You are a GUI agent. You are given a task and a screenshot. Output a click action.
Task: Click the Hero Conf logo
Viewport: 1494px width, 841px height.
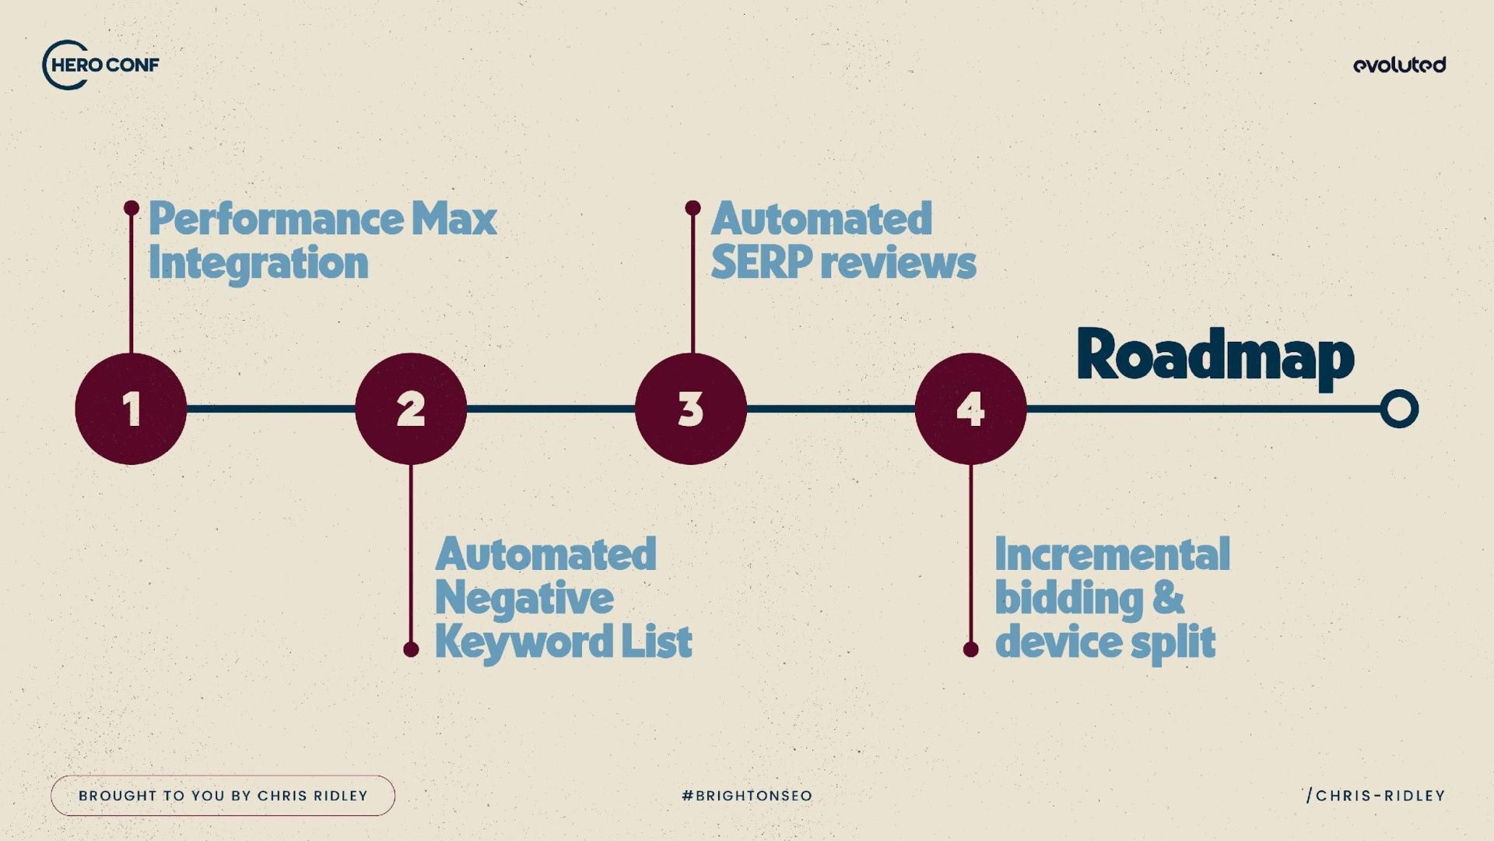(x=101, y=65)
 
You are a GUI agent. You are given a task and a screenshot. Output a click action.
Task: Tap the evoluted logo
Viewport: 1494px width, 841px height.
(x=1399, y=65)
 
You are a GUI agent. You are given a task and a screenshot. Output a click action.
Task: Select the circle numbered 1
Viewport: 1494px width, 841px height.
(x=131, y=409)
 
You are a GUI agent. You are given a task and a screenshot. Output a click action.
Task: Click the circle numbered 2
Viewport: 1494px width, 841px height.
(x=411, y=409)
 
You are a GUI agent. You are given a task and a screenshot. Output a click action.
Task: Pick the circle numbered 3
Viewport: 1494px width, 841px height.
(x=691, y=409)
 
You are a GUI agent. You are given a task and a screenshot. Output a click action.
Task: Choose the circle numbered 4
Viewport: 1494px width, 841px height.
(x=970, y=409)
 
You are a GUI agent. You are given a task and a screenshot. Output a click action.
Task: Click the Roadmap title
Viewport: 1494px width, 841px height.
(x=1215, y=356)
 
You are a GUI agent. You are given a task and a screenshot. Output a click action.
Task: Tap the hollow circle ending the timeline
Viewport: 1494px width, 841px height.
(x=1399, y=409)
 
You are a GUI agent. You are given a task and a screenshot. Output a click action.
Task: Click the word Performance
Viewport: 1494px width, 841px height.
(x=275, y=220)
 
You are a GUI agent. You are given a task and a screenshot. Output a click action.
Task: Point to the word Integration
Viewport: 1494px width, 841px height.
(x=258, y=262)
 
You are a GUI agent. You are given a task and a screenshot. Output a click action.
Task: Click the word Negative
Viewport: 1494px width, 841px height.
(x=524, y=598)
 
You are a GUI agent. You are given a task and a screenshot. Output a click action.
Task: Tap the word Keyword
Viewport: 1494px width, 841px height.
(x=513, y=642)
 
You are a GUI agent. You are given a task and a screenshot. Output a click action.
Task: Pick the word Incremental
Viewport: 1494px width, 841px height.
(x=1112, y=554)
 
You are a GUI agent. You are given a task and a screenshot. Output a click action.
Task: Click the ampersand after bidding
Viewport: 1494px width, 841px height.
(x=1169, y=598)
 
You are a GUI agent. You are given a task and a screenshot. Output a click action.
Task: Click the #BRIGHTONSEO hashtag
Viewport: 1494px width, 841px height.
(x=746, y=796)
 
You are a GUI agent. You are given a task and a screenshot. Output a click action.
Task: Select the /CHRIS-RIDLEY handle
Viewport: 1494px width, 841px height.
(x=1376, y=796)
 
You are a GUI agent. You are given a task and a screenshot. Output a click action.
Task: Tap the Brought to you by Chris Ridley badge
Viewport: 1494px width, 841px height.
(x=223, y=796)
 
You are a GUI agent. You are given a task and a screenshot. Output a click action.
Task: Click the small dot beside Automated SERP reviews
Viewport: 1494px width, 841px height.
(x=693, y=208)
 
